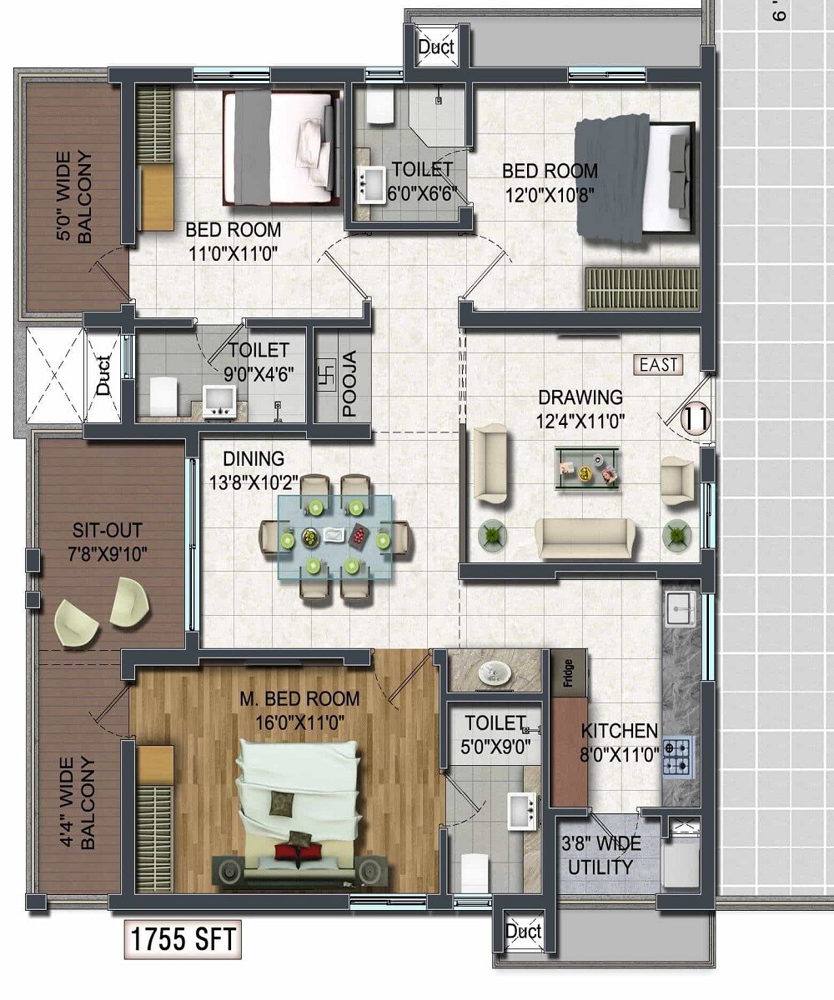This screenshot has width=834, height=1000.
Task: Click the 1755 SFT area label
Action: (183, 939)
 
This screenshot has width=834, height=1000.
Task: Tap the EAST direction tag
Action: (659, 364)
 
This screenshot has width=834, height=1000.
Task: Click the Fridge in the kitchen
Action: (568, 672)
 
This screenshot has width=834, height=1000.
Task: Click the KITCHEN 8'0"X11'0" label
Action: (620, 741)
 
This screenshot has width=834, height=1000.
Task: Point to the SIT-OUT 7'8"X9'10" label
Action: (108, 541)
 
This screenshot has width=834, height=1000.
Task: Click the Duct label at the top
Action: (436, 47)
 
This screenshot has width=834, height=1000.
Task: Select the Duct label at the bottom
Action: (524, 932)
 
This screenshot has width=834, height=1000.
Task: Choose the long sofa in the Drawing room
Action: (584, 538)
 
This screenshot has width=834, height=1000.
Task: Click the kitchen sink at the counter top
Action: (681, 609)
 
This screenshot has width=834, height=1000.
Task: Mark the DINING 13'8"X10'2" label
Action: (254, 470)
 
